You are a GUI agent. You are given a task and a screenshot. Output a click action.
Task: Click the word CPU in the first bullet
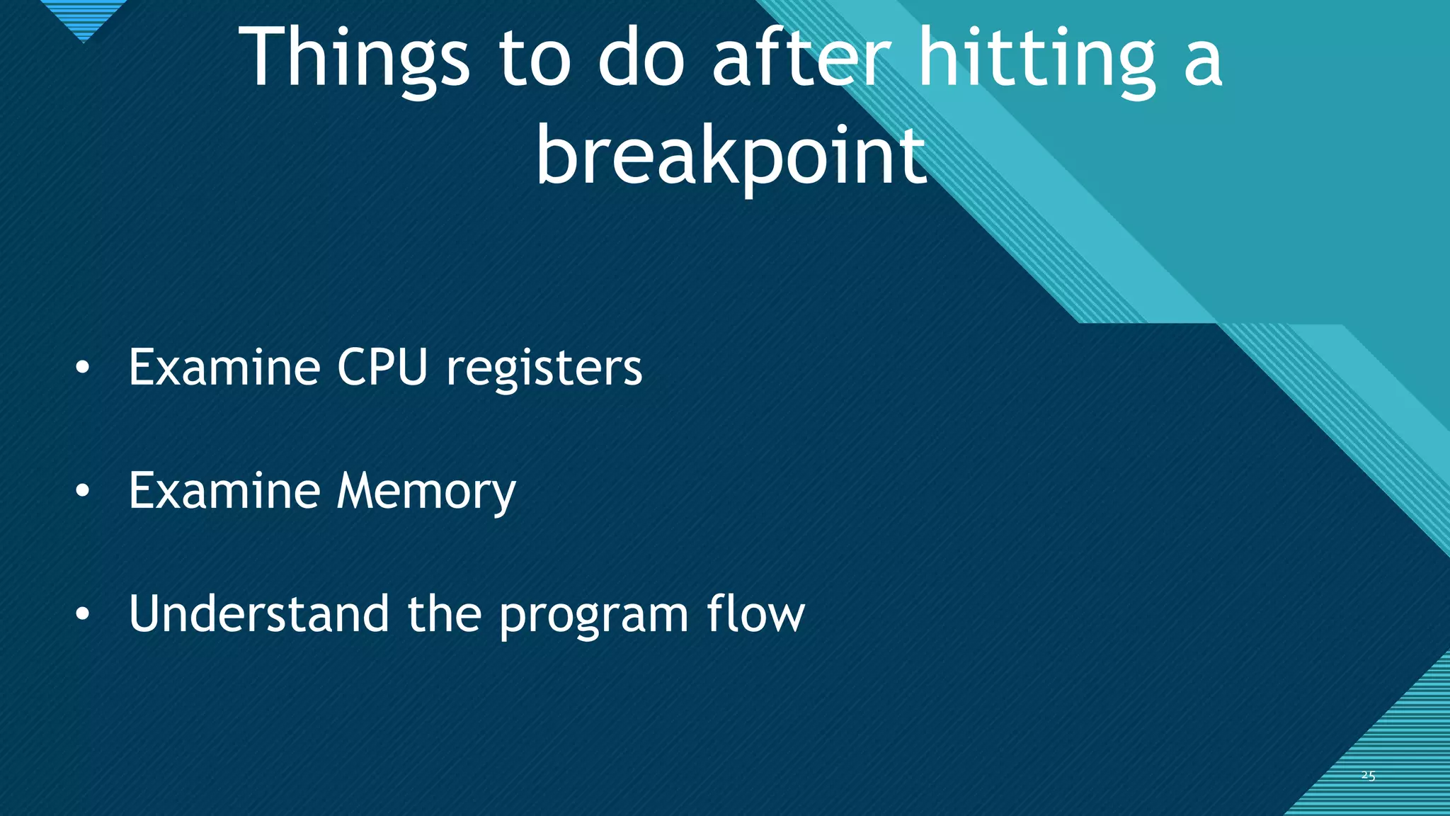382,368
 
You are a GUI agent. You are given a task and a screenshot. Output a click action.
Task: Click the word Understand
258,613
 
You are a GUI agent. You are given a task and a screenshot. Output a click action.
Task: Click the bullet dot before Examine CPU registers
83,368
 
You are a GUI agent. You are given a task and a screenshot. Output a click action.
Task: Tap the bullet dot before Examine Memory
83,491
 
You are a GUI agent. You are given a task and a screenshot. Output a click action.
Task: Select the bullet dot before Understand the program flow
83,614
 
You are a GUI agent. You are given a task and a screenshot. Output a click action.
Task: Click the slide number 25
1368,776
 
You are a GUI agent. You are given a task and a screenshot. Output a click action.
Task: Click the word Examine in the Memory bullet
224,491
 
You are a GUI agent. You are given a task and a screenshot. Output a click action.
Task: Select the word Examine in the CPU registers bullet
224,368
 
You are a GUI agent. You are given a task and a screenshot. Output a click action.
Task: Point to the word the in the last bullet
444,613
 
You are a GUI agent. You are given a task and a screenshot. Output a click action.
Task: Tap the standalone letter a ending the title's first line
1203,64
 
